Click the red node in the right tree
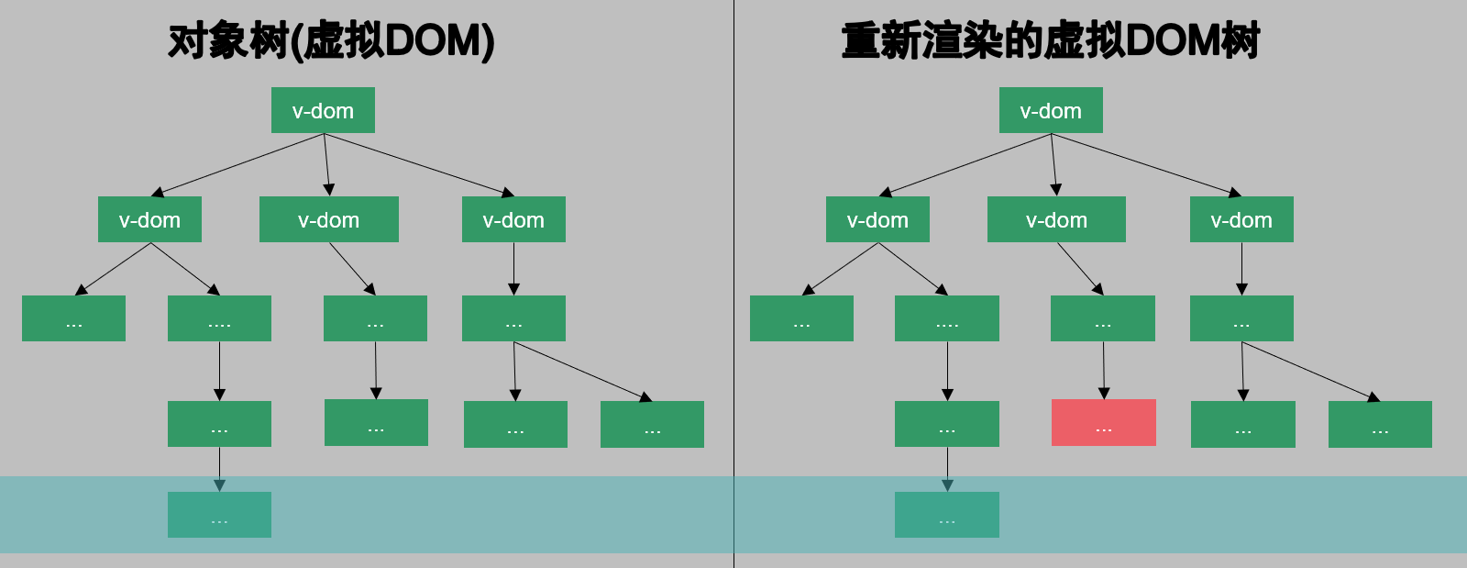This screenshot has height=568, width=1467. pyautogui.click(x=1103, y=423)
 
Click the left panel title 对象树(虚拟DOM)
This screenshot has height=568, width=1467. pyautogui.click(x=331, y=41)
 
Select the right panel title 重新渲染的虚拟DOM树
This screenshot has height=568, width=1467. pyautogui.click(x=1051, y=41)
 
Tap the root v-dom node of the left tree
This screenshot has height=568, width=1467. pyautogui.click(x=323, y=110)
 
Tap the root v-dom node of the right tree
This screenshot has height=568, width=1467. pyautogui.click(x=1051, y=110)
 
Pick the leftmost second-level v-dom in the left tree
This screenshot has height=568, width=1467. pyautogui.click(x=149, y=219)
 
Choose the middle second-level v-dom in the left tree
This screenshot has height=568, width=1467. pyautogui.click(x=328, y=219)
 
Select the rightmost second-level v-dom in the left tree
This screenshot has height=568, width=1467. pyautogui.click(x=513, y=219)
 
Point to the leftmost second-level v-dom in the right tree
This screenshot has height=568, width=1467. pyautogui.click(x=877, y=219)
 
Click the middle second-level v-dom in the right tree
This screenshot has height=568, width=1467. pyautogui.click(x=1056, y=219)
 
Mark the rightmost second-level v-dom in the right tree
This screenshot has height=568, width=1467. pyautogui.click(x=1241, y=219)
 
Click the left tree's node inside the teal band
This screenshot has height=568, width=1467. pyautogui.click(x=219, y=515)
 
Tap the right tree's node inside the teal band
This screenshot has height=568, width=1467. pyautogui.click(x=947, y=515)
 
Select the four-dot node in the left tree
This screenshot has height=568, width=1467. pyautogui.click(x=219, y=318)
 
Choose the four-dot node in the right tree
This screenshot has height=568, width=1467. pyautogui.click(x=947, y=318)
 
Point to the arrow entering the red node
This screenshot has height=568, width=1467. pyautogui.click(x=1104, y=372)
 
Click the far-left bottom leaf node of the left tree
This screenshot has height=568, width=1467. pyautogui.click(x=73, y=318)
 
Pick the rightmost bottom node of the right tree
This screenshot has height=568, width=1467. pyautogui.click(x=1380, y=424)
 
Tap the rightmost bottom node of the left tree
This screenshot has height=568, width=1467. pyautogui.click(x=652, y=424)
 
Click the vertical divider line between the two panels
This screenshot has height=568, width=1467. pyautogui.click(x=733, y=275)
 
